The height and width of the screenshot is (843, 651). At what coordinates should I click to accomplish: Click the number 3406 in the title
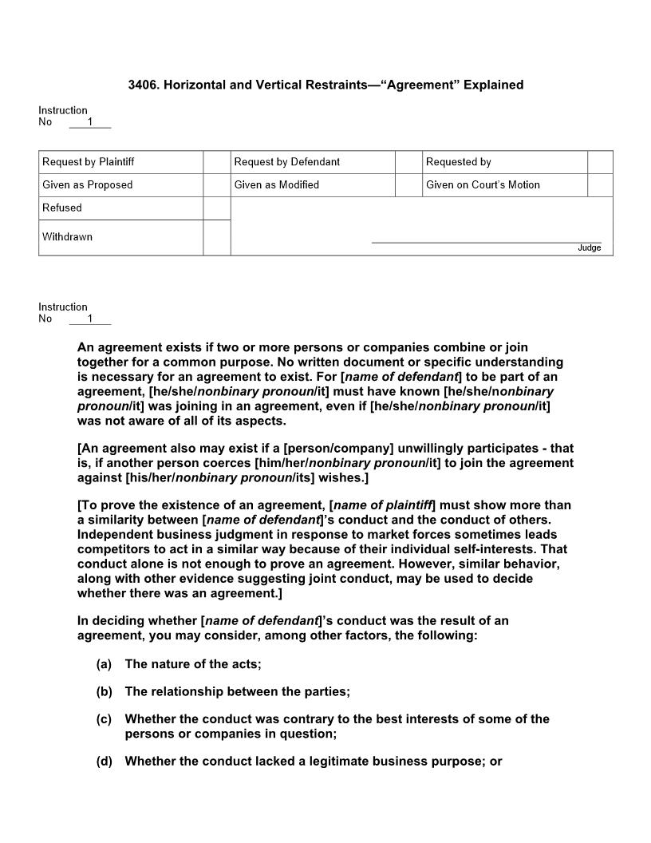(x=143, y=85)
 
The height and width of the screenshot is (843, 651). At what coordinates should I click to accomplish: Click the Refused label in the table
(x=62, y=208)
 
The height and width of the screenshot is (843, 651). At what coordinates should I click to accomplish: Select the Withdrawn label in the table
(x=67, y=237)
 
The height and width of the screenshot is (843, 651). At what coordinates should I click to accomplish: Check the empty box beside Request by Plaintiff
(x=216, y=162)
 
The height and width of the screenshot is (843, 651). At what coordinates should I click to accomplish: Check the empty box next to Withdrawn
(x=216, y=237)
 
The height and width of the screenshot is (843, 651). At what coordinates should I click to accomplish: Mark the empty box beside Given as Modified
(x=408, y=185)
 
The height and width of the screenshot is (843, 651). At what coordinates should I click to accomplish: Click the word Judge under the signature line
(x=589, y=248)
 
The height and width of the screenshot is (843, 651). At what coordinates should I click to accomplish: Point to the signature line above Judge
(x=486, y=242)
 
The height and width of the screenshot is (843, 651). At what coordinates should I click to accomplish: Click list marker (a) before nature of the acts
(x=104, y=664)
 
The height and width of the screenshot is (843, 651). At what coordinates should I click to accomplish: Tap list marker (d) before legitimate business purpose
(x=104, y=762)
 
